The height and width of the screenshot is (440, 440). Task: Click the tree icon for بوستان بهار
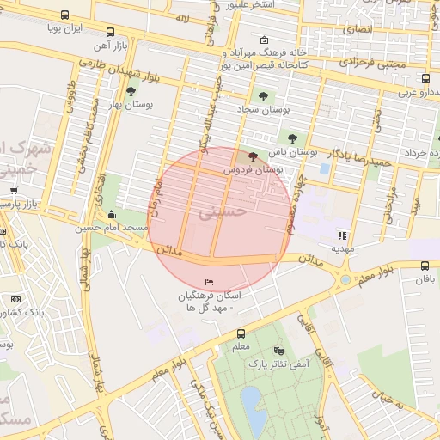[x=131, y=90]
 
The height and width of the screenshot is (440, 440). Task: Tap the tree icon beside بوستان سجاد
[x=263, y=96]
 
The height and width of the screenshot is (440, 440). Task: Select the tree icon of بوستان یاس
[x=293, y=137]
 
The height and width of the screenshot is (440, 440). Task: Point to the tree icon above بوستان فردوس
[x=252, y=156]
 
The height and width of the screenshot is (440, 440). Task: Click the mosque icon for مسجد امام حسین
[x=111, y=214]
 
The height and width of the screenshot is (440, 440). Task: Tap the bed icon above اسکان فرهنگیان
[x=210, y=283]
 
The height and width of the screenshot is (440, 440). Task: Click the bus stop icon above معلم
[x=241, y=333]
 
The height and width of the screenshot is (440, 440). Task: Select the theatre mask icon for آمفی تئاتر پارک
[x=278, y=351]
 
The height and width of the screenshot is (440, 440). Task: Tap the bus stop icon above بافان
[x=425, y=266]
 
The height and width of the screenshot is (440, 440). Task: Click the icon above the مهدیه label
[x=342, y=235]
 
